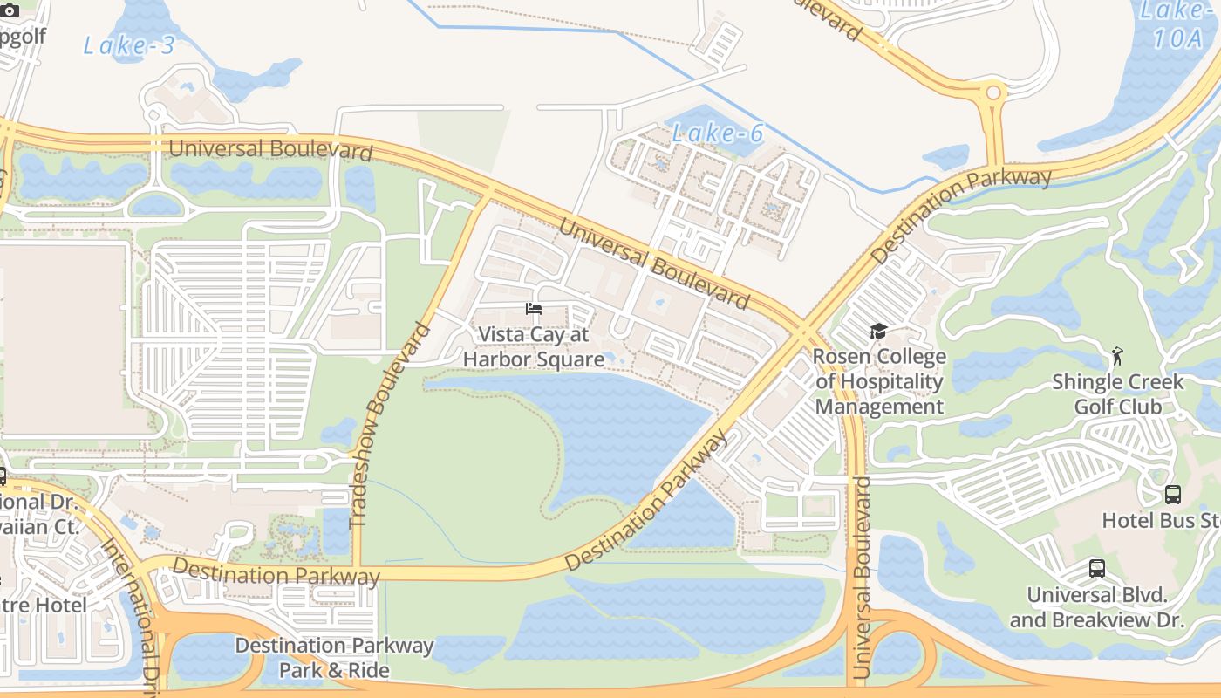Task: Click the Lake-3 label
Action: (x=129, y=45)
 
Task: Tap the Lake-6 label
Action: (x=718, y=133)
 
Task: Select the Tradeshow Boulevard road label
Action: (x=390, y=425)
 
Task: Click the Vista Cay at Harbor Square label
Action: (x=534, y=347)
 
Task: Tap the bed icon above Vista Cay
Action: (x=534, y=309)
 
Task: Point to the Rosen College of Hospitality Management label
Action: (x=879, y=382)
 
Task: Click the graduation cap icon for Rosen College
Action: (x=878, y=332)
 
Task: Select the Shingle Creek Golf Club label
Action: (x=1117, y=394)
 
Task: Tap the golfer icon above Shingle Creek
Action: (x=1117, y=356)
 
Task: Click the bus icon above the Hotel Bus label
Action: (x=1173, y=495)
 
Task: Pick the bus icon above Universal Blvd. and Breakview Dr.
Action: (x=1097, y=569)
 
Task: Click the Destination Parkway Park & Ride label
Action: (x=334, y=658)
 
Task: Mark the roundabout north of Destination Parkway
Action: (x=992, y=92)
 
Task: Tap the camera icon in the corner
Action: (x=10, y=10)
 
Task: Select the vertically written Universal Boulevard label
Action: (x=862, y=578)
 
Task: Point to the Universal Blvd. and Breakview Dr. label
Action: (x=1097, y=607)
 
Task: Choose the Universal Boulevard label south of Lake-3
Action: (x=270, y=148)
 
